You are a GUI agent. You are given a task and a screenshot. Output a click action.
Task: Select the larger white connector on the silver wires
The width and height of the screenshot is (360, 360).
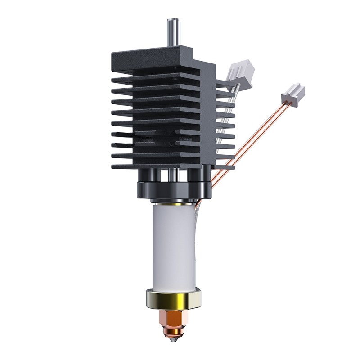pyautogui.click(x=240, y=72)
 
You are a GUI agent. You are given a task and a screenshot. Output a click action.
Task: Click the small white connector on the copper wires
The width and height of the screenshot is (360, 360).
pyautogui.click(x=292, y=93)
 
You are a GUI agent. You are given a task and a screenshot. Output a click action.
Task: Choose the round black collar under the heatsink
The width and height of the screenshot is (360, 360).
pyautogui.click(x=173, y=189)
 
